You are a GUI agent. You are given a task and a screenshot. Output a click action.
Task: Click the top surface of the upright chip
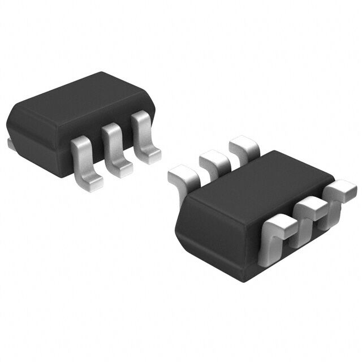(85, 99)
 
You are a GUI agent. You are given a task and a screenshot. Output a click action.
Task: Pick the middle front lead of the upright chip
(113, 144)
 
